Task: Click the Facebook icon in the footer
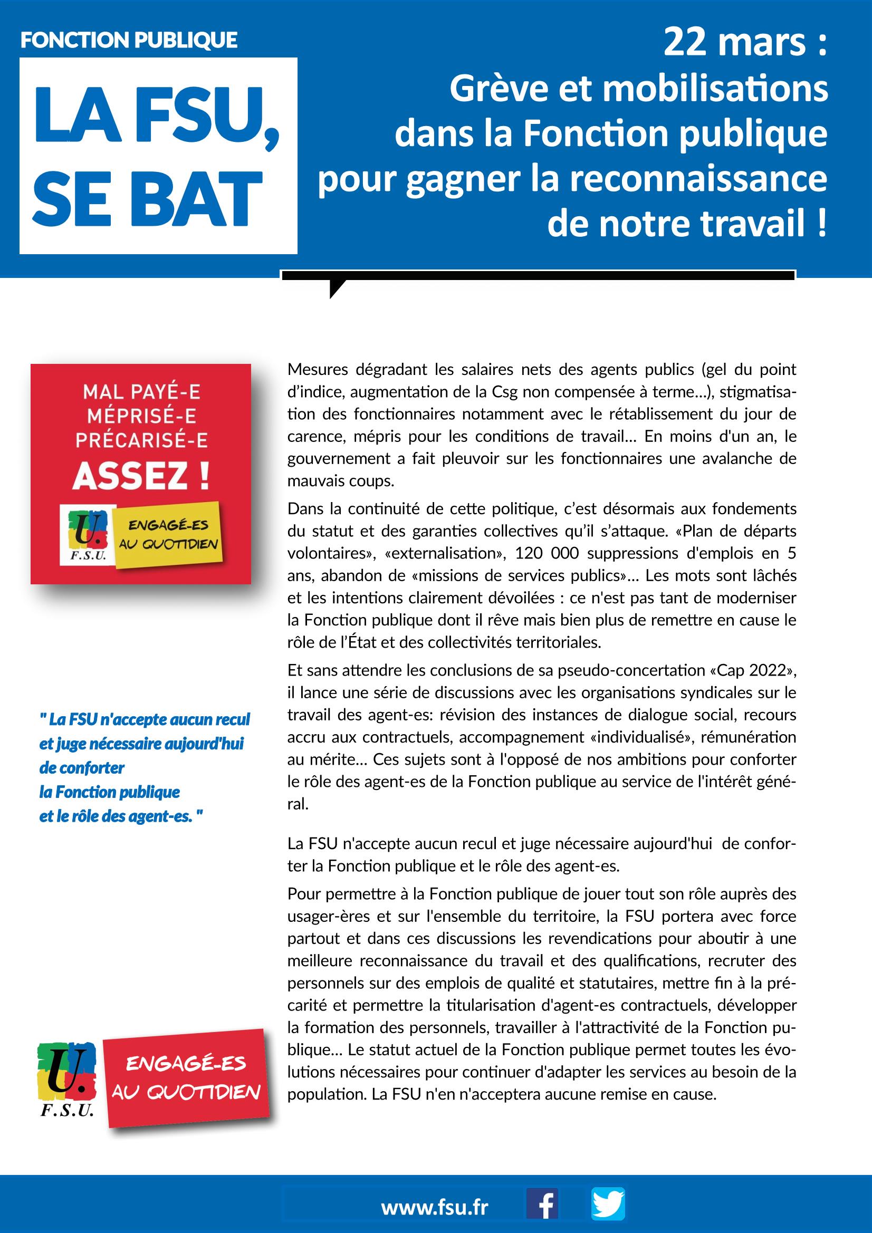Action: [542, 1203]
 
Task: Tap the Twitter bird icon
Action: [608, 1203]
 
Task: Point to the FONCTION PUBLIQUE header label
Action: [129, 41]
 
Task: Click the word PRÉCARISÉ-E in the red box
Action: [141, 440]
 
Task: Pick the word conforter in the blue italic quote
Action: [82, 768]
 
